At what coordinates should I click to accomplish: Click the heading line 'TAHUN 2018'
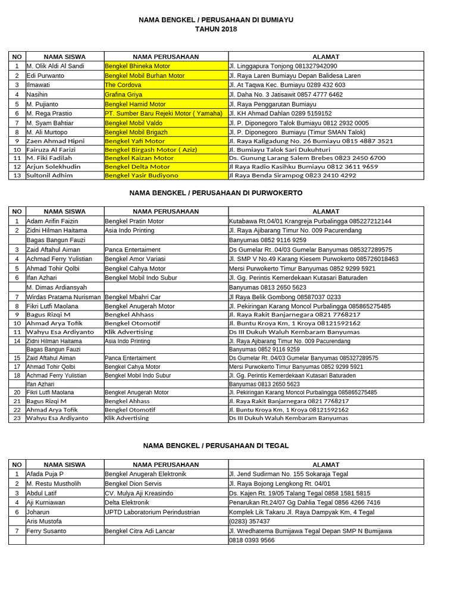[216, 29]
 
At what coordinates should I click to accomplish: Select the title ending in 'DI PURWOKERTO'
[216, 193]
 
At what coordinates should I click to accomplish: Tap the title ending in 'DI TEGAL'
[216, 445]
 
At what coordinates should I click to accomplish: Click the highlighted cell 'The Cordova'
[123, 85]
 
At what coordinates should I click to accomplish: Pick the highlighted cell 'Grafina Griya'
[124, 95]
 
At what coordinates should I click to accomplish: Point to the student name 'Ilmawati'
[37, 85]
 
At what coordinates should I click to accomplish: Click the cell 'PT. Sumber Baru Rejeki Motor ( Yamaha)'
[164, 113]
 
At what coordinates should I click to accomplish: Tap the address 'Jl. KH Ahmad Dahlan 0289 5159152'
[280, 113]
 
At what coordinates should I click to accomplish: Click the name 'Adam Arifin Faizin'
[52, 221]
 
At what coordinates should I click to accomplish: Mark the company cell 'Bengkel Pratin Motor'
[134, 221]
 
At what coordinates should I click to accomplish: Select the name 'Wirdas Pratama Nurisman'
[64, 297]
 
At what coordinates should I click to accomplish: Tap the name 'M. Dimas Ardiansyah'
[57, 287]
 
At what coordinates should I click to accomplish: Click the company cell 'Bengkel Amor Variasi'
[135, 259]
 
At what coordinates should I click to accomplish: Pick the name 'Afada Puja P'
[45, 474]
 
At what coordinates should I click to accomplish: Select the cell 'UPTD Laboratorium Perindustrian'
[152, 512]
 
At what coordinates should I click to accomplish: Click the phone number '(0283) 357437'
[249, 521]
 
